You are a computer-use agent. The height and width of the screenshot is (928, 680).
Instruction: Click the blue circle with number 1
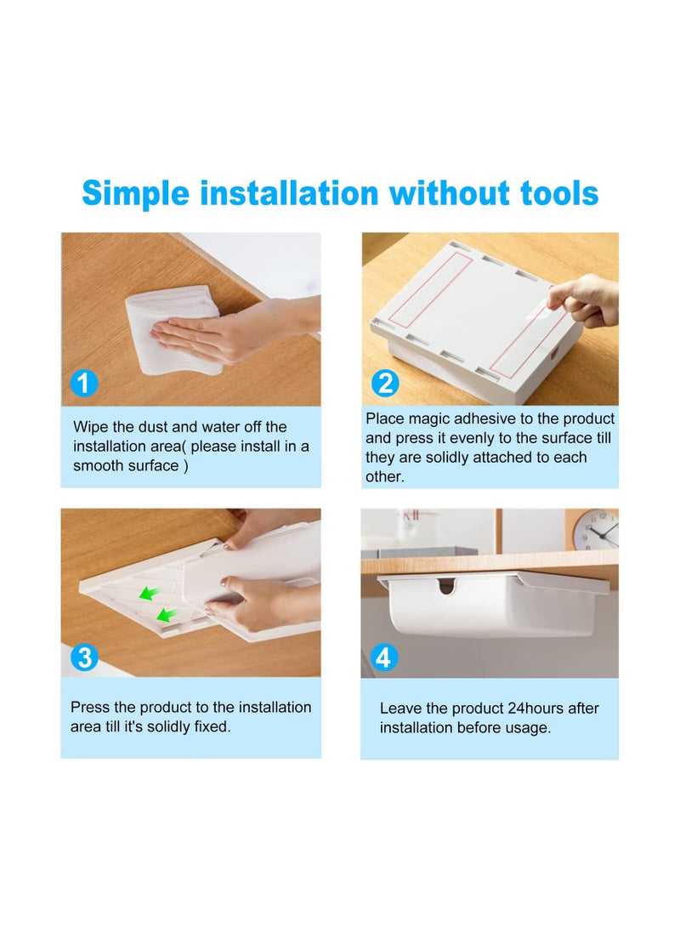pyautogui.click(x=84, y=383)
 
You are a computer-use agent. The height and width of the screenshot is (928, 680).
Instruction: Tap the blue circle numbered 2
pyautogui.click(x=386, y=383)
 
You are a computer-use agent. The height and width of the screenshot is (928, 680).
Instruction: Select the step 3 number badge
pyautogui.click(x=84, y=657)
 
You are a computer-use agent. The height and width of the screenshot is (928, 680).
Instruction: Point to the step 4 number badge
pyautogui.click(x=383, y=657)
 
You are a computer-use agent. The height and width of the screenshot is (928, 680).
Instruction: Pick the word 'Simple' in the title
pyautogui.click(x=136, y=194)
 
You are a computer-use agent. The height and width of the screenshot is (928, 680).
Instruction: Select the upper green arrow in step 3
pyautogui.click(x=149, y=592)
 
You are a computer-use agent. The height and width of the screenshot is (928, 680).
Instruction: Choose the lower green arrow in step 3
pyautogui.click(x=166, y=615)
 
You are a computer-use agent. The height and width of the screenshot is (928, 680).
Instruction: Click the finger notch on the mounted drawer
pyautogui.click(x=447, y=586)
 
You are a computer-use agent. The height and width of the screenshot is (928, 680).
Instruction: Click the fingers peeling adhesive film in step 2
pyautogui.click(x=582, y=300)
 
